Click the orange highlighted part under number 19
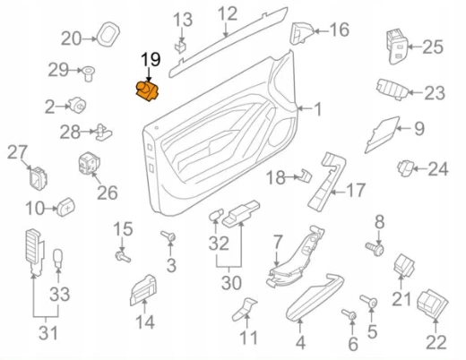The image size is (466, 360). [x=146, y=90]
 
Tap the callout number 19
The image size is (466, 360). [x=150, y=60]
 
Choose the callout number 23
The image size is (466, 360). [x=434, y=92]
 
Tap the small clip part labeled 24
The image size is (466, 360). [x=408, y=166]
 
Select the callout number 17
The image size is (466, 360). [x=356, y=190]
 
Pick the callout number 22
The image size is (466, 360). [x=436, y=341]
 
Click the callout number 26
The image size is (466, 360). [x=107, y=191]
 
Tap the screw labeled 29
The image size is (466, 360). [x=90, y=70]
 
